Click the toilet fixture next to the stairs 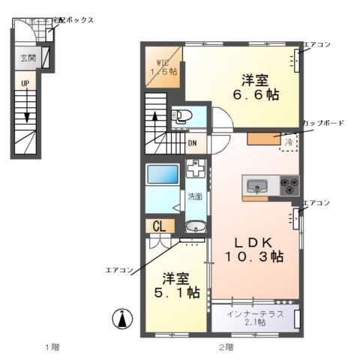coord(180,116)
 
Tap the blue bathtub coord(162,175)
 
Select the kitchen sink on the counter coord(256,185)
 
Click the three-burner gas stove coord(289,183)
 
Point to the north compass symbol coord(120,319)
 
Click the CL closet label coord(159,226)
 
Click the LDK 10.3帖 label coord(255,248)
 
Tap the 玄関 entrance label coord(27,56)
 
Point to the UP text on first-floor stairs coord(25,82)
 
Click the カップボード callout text coord(323,122)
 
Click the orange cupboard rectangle coord(263,137)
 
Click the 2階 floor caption coord(226,346)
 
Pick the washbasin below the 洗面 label coord(195,226)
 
